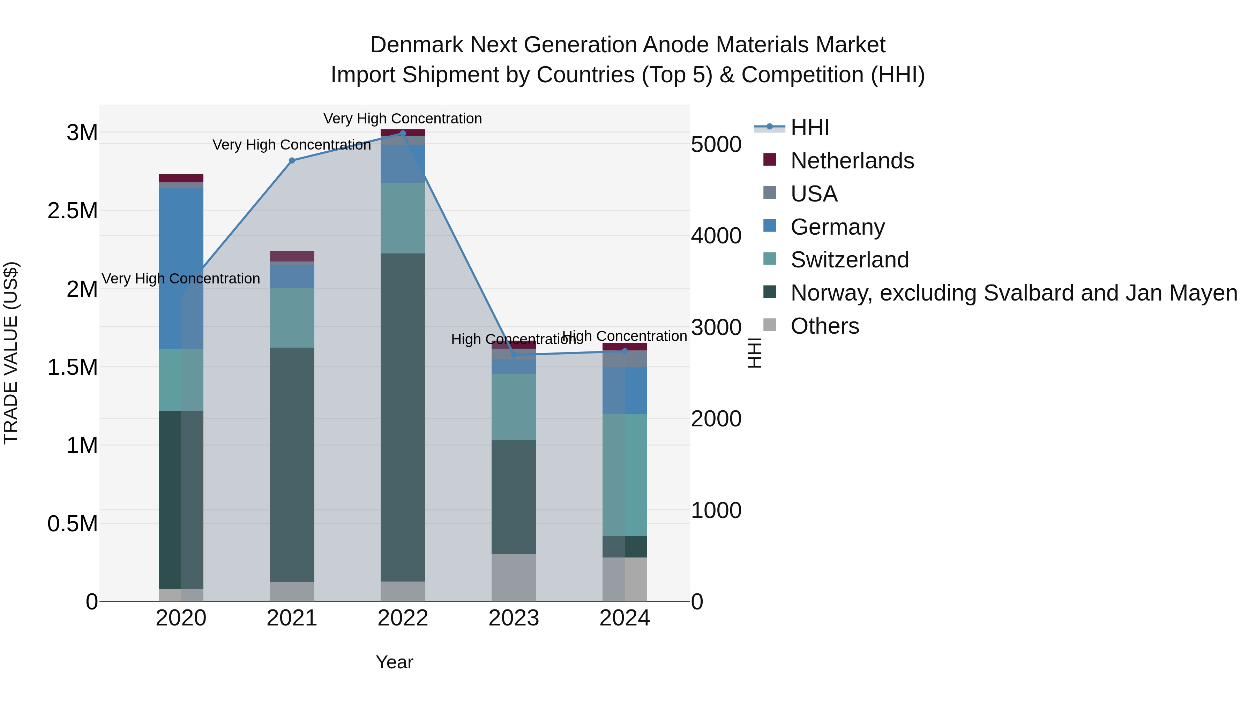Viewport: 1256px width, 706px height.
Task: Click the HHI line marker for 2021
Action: tap(292, 160)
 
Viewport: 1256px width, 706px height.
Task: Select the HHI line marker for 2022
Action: tap(403, 133)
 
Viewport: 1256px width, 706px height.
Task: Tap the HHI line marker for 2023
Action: tap(514, 355)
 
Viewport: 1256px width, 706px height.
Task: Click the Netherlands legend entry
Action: tap(852, 161)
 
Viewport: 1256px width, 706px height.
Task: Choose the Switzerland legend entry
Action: tap(849, 260)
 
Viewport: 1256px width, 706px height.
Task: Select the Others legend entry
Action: tap(824, 326)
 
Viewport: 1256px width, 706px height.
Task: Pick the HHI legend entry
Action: tap(809, 128)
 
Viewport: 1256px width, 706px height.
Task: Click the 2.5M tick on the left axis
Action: tap(73, 211)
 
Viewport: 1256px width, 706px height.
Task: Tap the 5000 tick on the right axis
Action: tap(716, 145)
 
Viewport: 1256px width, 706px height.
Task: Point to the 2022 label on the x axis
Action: tap(403, 618)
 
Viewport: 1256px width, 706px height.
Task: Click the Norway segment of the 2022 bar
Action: tap(403, 417)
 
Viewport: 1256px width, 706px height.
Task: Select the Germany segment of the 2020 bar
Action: tap(181, 268)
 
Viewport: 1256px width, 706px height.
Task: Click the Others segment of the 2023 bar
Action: tap(514, 577)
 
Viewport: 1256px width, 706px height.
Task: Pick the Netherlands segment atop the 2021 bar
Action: tap(292, 256)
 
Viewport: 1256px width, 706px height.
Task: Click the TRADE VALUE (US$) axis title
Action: tap(11, 353)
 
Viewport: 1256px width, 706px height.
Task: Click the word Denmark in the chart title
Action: tap(416, 45)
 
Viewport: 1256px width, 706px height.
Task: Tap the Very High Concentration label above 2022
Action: tap(402, 119)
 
